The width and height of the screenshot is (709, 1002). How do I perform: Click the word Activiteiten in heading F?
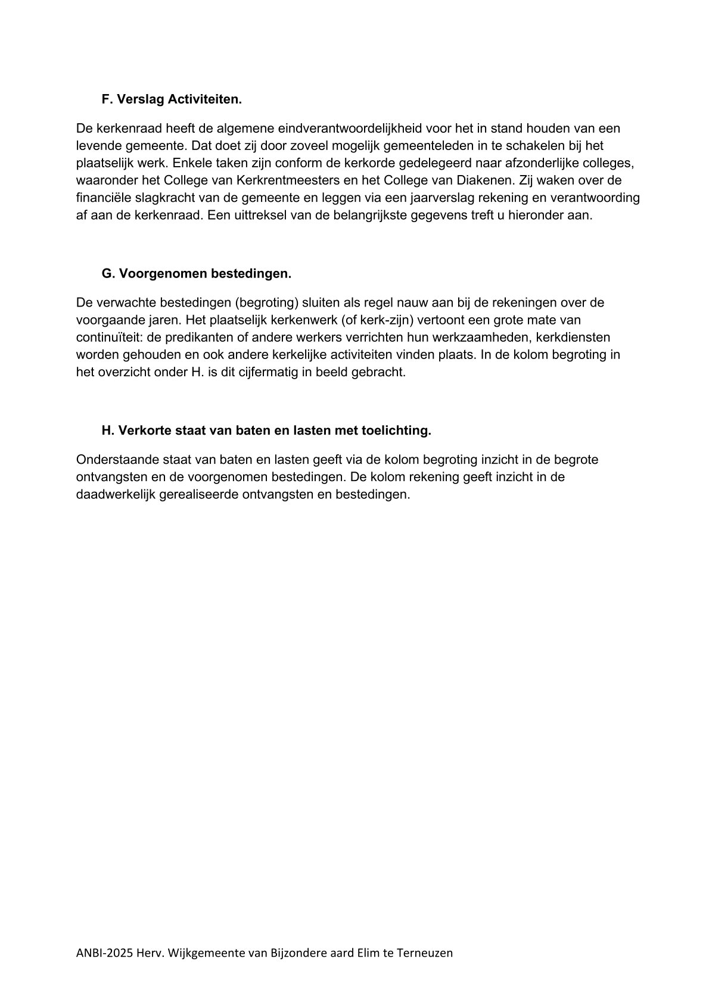pyautogui.click(x=204, y=99)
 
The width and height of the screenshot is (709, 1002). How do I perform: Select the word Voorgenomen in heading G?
pyautogui.click(x=154, y=273)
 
